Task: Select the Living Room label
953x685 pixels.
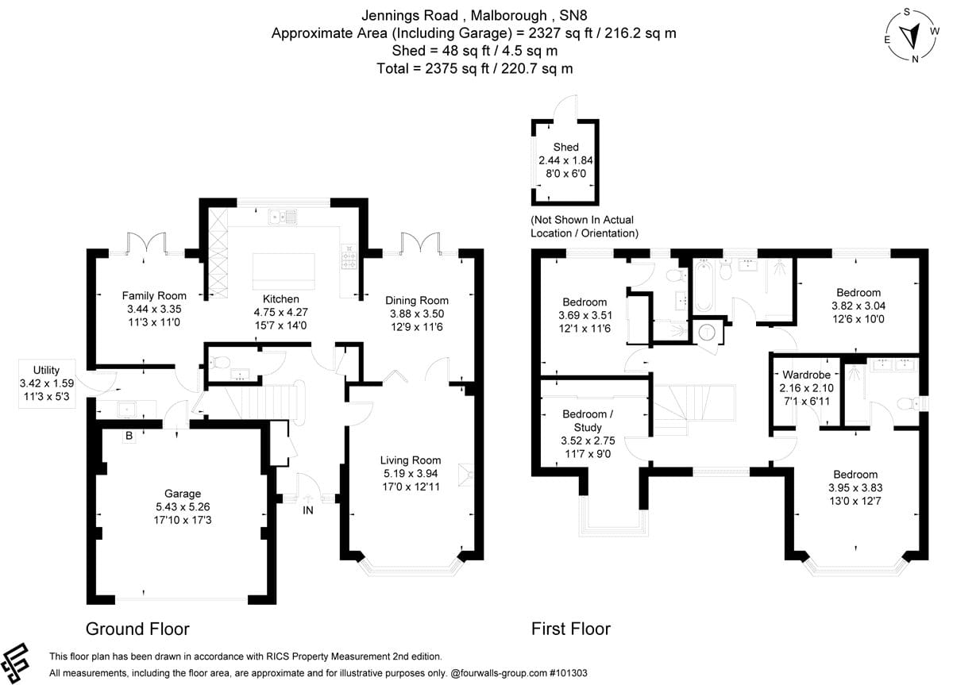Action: (x=410, y=460)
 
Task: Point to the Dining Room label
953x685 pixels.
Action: (x=417, y=300)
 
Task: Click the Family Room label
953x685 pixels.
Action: (x=154, y=295)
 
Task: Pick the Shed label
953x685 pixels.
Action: (x=565, y=147)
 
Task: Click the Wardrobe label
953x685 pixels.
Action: (x=806, y=374)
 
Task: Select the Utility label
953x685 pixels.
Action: (x=46, y=370)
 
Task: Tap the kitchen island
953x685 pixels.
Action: (x=284, y=271)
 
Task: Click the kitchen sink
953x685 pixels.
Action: (x=284, y=215)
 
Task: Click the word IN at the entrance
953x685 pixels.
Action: (x=308, y=510)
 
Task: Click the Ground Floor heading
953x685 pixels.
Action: (x=137, y=629)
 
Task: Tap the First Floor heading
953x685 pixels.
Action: (x=570, y=629)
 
